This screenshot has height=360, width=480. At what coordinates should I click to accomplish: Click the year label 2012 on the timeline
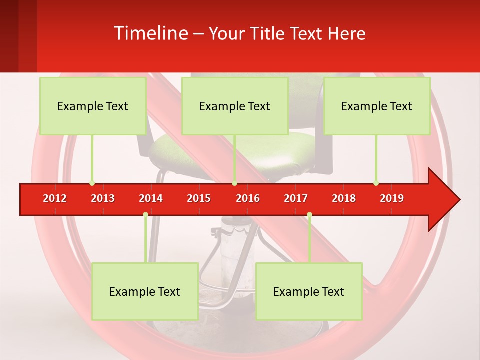55,198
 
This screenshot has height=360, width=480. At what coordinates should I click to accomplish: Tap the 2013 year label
103,198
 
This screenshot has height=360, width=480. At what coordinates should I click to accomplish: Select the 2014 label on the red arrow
151,198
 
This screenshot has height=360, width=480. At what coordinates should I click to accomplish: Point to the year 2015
199,198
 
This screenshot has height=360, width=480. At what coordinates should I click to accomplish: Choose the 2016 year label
248,198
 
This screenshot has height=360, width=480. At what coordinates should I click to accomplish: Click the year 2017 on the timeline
296,198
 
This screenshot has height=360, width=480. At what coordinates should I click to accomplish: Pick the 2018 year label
344,198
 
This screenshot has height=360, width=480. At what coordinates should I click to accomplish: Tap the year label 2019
392,198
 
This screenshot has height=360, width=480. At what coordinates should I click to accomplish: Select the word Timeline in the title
150,33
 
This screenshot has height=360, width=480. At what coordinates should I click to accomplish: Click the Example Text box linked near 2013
93,106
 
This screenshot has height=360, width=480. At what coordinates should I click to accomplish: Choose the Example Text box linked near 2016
235,106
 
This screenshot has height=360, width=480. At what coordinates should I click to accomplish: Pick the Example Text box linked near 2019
377,106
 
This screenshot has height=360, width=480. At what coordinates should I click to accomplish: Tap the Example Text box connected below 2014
145,291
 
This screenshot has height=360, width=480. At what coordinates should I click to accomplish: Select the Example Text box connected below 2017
309,291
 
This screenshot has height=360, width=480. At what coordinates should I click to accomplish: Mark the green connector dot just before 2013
92,183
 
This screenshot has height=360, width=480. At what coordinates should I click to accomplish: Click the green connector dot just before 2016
234,183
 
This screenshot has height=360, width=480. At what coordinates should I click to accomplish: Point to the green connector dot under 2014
145,215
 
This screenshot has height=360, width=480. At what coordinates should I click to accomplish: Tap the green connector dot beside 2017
309,215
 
